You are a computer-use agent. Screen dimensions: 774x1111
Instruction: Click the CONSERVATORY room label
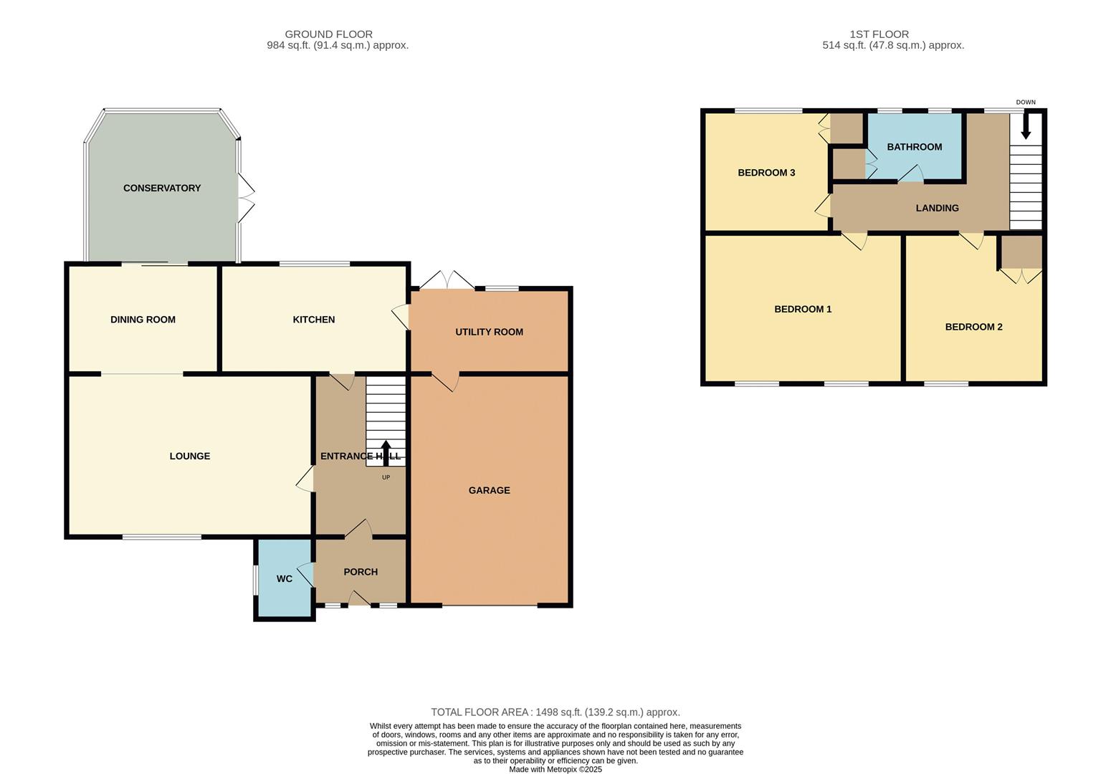pyautogui.click(x=162, y=188)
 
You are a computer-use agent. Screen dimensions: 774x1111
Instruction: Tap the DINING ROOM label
pyautogui.click(x=143, y=320)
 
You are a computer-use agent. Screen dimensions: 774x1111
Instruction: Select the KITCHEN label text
pyautogui.click(x=313, y=320)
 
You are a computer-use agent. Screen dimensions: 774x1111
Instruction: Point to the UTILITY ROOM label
pyautogui.click(x=489, y=332)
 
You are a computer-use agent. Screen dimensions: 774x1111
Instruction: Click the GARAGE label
pyautogui.click(x=489, y=490)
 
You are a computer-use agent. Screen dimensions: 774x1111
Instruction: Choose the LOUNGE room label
pyautogui.click(x=189, y=456)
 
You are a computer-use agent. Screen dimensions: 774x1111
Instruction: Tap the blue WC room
pyautogui.click(x=285, y=578)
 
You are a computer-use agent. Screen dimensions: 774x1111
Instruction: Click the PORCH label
pyautogui.click(x=360, y=572)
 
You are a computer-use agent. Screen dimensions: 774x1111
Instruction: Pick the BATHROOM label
pyautogui.click(x=914, y=147)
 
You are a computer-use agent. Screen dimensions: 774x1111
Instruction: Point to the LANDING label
pyautogui.click(x=937, y=208)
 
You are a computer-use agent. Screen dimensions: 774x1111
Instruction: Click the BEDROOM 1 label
pyautogui.click(x=803, y=310)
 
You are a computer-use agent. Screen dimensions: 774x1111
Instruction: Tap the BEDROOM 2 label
pyautogui.click(x=973, y=327)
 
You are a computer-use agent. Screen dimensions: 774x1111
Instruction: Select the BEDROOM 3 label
pyautogui.click(x=766, y=173)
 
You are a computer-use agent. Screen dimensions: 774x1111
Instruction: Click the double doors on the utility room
pyautogui.click(x=447, y=280)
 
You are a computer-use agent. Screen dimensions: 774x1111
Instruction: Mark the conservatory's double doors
pyautogui.click(x=247, y=198)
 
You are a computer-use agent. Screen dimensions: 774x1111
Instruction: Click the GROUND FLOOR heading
pyautogui.click(x=328, y=34)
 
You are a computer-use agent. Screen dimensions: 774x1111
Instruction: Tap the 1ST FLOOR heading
pyautogui.click(x=879, y=34)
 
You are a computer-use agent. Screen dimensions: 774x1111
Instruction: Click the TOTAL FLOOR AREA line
pyautogui.click(x=555, y=712)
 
